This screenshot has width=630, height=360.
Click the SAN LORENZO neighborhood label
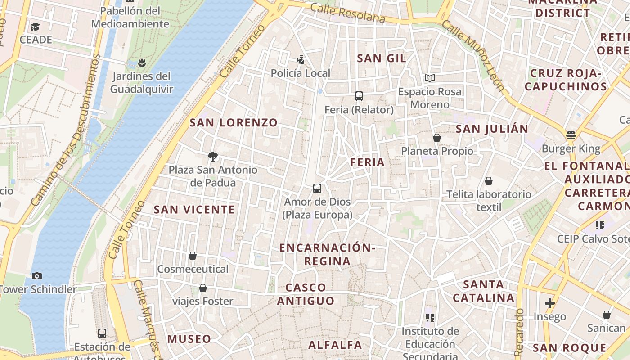tap(234, 122)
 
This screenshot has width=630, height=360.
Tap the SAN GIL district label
tap(382, 58)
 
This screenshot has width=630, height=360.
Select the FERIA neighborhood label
tap(368, 162)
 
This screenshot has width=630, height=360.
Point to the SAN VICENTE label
tap(194, 210)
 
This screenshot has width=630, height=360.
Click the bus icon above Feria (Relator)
tap(359, 96)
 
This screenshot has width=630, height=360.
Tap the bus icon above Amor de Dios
tap(317, 188)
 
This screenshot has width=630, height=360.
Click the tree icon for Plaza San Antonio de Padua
tap(213, 157)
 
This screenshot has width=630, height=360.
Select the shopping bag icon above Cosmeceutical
tap(193, 256)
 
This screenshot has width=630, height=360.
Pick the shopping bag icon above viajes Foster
tap(203, 288)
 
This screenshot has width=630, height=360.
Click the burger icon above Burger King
tap(571, 135)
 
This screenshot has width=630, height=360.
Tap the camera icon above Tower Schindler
tap(37, 276)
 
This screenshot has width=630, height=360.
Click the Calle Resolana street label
tap(348, 13)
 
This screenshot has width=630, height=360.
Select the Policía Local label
tap(301, 73)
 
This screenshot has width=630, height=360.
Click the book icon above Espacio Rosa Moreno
tap(430, 78)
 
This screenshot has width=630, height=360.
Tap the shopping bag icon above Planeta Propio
tap(436, 138)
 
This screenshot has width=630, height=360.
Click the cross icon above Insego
tap(549, 303)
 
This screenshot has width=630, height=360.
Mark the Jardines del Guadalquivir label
tap(141, 82)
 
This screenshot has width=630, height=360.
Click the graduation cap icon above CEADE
tap(36, 27)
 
